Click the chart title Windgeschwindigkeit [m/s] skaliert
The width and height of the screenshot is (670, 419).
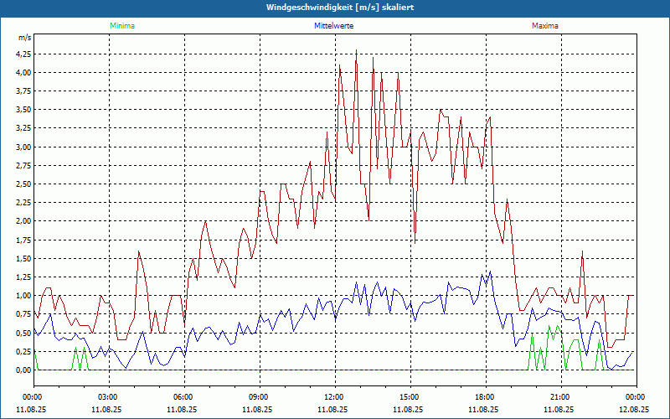pos(335,7)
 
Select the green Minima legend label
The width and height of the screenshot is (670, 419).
pos(121,26)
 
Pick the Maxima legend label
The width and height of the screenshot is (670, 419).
pos(545,26)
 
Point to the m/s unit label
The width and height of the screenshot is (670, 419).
pos(24,39)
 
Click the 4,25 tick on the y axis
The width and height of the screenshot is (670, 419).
pos(23,54)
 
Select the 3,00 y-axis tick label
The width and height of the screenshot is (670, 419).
pos(23,147)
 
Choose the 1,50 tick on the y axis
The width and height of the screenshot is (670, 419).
pos(23,258)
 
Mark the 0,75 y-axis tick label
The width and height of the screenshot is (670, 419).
pos(23,314)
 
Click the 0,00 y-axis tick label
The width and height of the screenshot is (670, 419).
pos(23,370)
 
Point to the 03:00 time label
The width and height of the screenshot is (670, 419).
pos(108,397)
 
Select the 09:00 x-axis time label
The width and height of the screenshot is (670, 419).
pos(259,397)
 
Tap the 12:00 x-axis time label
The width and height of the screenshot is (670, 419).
pos(334,397)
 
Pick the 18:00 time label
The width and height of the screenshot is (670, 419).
pos(485,397)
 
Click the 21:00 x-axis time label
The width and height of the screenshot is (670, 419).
pos(560,397)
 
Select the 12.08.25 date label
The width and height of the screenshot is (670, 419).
pos(635,410)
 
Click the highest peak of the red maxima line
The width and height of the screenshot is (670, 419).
pos(357,51)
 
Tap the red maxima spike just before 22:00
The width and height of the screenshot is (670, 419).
pos(582,251)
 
